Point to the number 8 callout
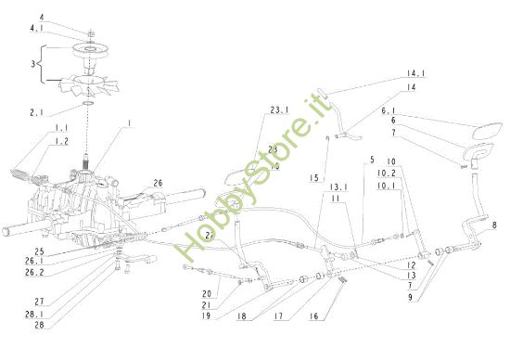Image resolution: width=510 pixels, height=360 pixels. pyautogui.click(x=494, y=225)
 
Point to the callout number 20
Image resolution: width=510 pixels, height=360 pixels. pyautogui.click(x=208, y=293)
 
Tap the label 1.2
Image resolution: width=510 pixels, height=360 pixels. pyautogui.click(x=60, y=140)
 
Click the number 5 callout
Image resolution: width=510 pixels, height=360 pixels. pyautogui.click(x=371, y=159)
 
